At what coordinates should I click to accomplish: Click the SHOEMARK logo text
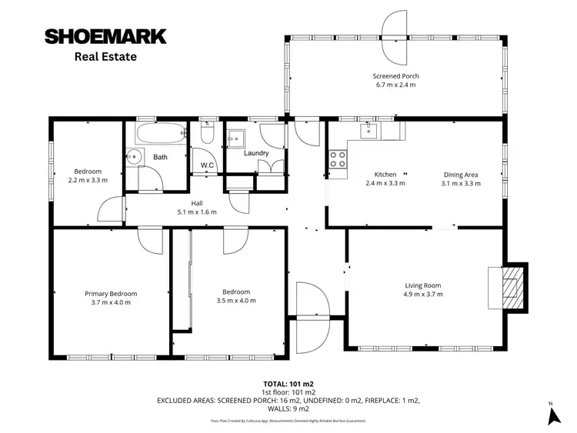pyautogui.click(x=105, y=36)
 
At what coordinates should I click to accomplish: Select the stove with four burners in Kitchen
pyautogui.click(x=337, y=158)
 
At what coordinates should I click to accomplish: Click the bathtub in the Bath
pyautogui.click(x=156, y=134)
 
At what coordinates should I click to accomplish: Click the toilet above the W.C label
pyautogui.click(x=206, y=135)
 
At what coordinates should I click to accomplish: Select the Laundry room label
pyautogui.click(x=256, y=153)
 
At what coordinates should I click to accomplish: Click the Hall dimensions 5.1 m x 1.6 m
pyautogui.click(x=197, y=212)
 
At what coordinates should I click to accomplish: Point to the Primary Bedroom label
pyautogui.click(x=111, y=293)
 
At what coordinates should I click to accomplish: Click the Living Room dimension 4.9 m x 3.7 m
pyautogui.click(x=423, y=294)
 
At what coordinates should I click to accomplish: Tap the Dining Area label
pyautogui.click(x=461, y=174)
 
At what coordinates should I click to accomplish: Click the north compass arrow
pyautogui.click(x=552, y=415)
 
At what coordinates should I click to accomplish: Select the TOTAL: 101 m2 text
pyautogui.click(x=288, y=383)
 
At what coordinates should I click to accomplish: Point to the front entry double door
pyautogui.click(x=312, y=305)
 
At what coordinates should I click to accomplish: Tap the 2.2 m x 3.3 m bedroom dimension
pyautogui.click(x=88, y=180)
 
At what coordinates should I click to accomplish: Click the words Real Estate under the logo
pyautogui.click(x=105, y=56)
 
